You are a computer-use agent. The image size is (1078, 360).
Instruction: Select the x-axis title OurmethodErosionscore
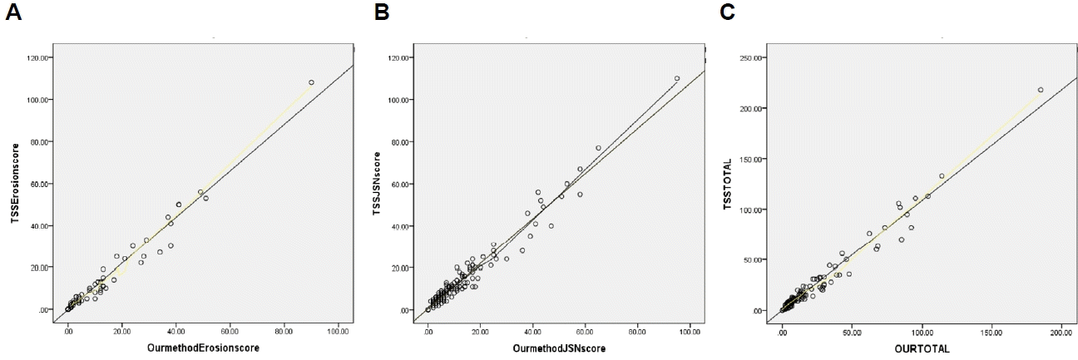202,349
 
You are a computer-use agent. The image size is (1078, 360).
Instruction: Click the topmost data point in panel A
311,82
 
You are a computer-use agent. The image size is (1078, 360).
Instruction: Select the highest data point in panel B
677,78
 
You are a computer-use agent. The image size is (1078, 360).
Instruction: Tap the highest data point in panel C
1041,90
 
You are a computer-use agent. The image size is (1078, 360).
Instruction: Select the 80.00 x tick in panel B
638,332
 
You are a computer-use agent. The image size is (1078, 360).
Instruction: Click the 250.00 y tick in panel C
753,57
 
